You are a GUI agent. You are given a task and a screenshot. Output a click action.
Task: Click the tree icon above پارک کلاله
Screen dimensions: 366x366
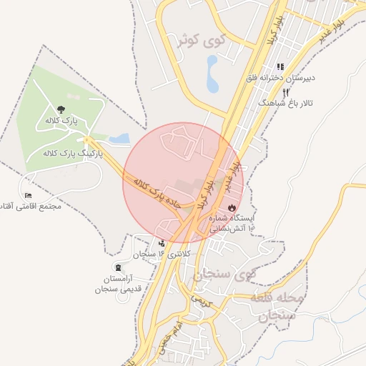click(61, 109)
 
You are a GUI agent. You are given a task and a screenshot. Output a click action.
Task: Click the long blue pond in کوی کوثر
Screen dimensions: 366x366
click(212, 74)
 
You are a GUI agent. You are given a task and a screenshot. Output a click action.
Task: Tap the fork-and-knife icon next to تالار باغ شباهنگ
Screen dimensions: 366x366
click(285, 92)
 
